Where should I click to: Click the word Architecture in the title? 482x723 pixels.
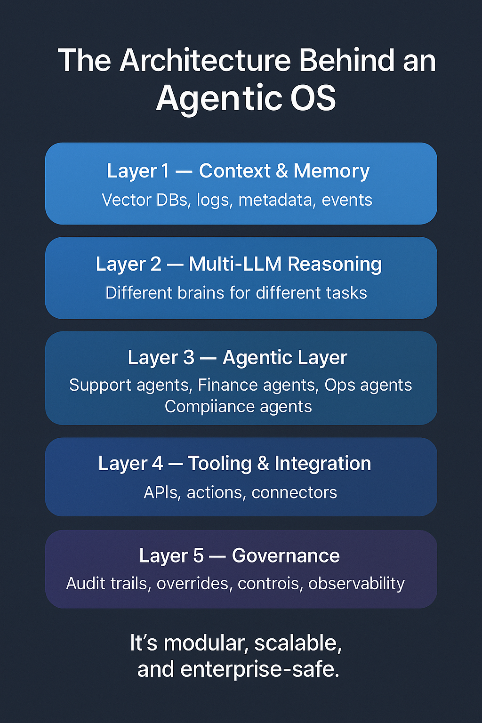pyautogui.click(x=206, y=61)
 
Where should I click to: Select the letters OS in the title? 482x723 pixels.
pyautogui.click(x=313, y=98)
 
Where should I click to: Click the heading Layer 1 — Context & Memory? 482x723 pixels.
pyautogui.click(x=238, y=171)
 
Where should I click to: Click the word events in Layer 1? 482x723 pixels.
pyautogui.click(x=347, y=200)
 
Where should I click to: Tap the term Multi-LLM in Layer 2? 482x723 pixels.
pyautogui.click(x=235, y=264)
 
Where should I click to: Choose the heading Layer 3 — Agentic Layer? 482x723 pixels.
pyautogui.click(x=238, y=358)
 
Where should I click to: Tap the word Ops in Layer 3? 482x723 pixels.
pyautogui.click(x=340, y=385)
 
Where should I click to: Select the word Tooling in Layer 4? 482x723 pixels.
pyautogui.click(x=220, y=464)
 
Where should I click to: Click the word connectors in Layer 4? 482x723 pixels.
pyautogui.click(x=294, y=492)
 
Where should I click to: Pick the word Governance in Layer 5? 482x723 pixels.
pyautogui.click(x=286, y=556)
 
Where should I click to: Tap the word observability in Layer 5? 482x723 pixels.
pyautogui.click(x=356, y=584)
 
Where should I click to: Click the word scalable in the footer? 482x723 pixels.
pyautogui.click(x=298, y=643)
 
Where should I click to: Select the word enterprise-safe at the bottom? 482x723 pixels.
pyautogui.click(x=259, y=669)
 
